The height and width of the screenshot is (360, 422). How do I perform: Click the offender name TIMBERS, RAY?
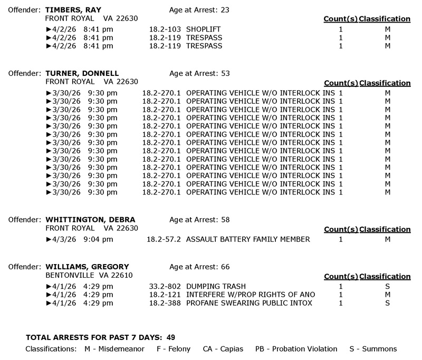[73, 10]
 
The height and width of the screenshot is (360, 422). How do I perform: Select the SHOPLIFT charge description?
[204, 30]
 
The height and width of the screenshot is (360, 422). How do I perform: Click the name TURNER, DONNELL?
[82, 73]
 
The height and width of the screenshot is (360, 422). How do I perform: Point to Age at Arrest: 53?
[199, 73]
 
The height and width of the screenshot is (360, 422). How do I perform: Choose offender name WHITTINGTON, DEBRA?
[91, 220]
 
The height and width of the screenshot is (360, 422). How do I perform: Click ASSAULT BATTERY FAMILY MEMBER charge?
[248, 239]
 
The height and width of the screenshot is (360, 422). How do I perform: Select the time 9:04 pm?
[100, 239]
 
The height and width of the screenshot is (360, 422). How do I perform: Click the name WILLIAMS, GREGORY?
[87, 267]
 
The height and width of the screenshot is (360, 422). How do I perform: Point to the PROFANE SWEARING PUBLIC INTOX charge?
[249, 303]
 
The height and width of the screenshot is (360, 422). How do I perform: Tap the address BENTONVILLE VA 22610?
[89, 276]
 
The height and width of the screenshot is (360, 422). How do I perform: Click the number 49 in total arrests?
[170, 337]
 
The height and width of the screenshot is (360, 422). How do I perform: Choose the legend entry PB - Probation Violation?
[296, 349]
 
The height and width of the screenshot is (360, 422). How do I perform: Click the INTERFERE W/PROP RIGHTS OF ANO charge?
[251, 295]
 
